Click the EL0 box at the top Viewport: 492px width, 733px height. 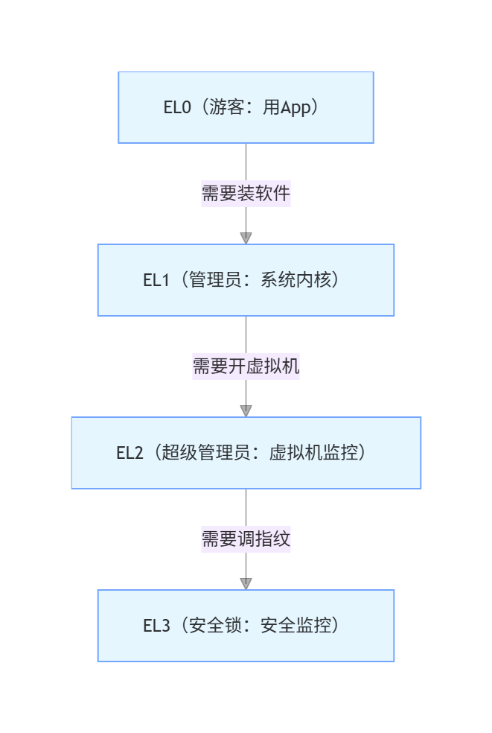(246, 107)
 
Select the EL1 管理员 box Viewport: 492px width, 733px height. (246, 280)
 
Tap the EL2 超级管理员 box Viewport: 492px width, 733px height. (246, 453)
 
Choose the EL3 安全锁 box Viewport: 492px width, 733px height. (246, 626)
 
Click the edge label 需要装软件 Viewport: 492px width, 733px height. (246, 194)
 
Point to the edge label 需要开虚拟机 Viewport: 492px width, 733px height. (246, 366)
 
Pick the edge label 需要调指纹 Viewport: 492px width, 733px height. (246, 539)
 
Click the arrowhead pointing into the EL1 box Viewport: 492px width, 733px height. (246, 238)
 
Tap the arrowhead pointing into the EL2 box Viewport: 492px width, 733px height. (246, 411)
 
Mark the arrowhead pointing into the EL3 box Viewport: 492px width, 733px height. (246, 584)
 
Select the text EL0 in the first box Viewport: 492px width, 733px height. (176, 107)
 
